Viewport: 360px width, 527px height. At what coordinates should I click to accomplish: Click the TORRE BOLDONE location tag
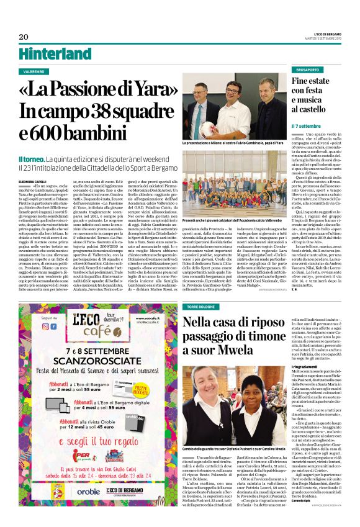(x=201, y=306)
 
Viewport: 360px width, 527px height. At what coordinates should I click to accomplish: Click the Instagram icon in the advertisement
(x=54, y=325)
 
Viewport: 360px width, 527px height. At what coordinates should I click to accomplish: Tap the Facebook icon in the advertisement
(x=45, y=325)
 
